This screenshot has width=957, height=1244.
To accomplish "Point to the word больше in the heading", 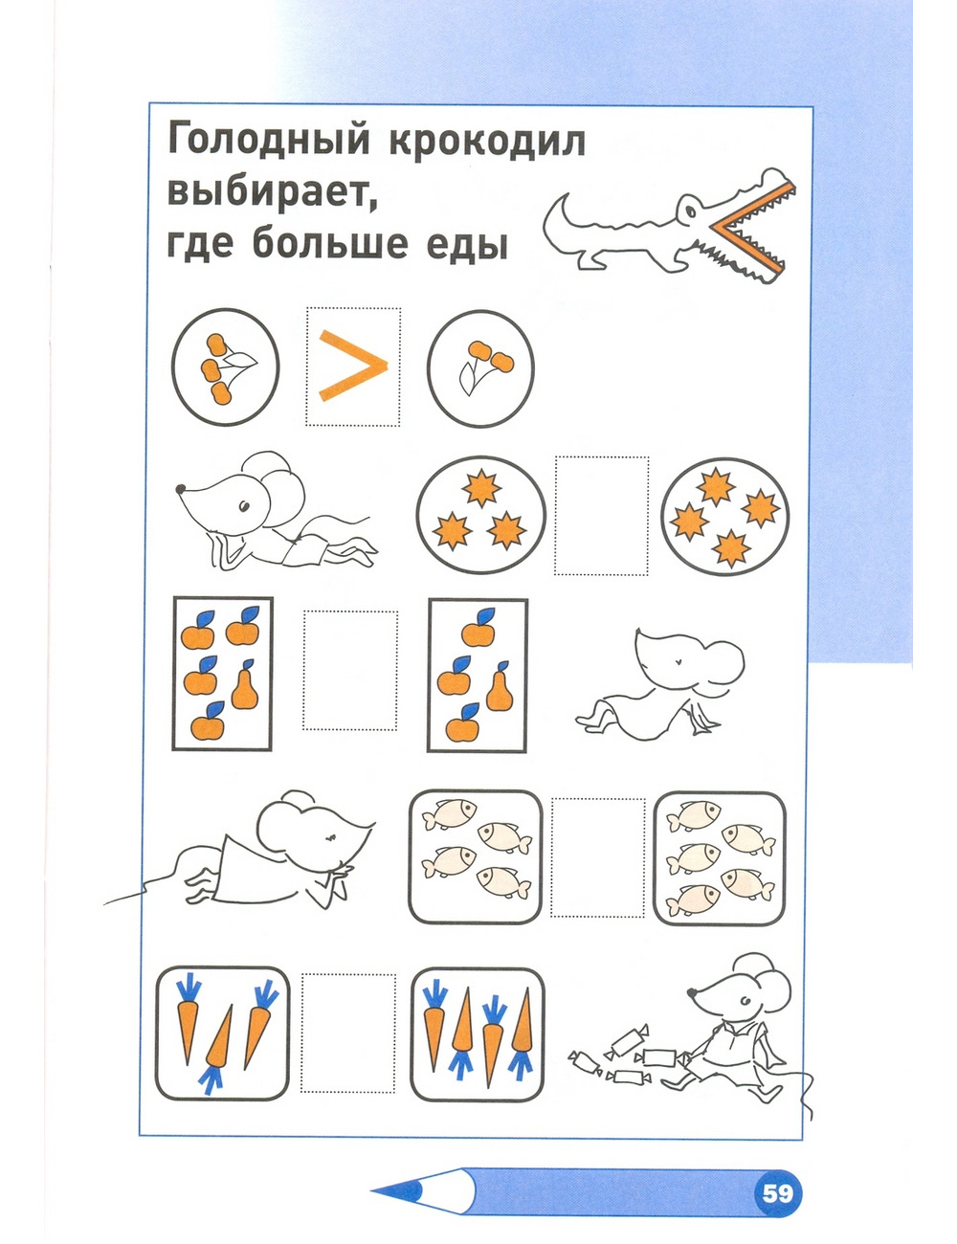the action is click(330, 243).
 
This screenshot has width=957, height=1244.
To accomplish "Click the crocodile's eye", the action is click(691, 212).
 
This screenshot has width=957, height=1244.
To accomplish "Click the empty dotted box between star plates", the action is click(601, 515).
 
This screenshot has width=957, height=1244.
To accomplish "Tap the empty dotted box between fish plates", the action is click(597, 857).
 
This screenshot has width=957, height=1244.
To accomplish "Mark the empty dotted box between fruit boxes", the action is click(349, 671).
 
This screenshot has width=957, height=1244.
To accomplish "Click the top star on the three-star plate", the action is click(482, 487).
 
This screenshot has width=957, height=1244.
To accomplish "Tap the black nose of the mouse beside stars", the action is click(180, 488).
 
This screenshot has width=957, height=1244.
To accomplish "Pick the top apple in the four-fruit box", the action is click(478, 628).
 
